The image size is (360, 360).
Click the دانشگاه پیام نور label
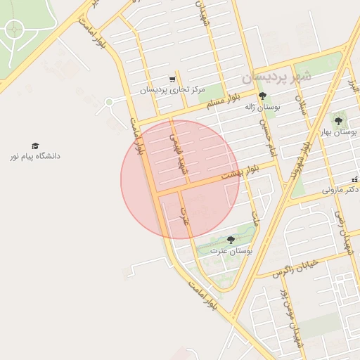pyautogui.click(x=35, y=155)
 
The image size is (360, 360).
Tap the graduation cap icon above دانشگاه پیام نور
pyautogui.click(x=35, y=145)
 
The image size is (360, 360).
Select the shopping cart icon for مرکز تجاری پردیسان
pyautogui.click(x=172, y=79)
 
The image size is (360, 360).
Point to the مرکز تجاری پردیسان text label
pyautogui.click(x=172, y=90)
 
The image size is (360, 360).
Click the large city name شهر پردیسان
pyautogui.click(x=275, y=76)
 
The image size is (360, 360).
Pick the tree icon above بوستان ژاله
pyautogui.click(x=263, y=96)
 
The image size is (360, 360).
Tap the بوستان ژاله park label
pyautogui.click(x=263, y=107)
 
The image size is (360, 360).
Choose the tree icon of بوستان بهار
pyautogui.click(x=338, y=121)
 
